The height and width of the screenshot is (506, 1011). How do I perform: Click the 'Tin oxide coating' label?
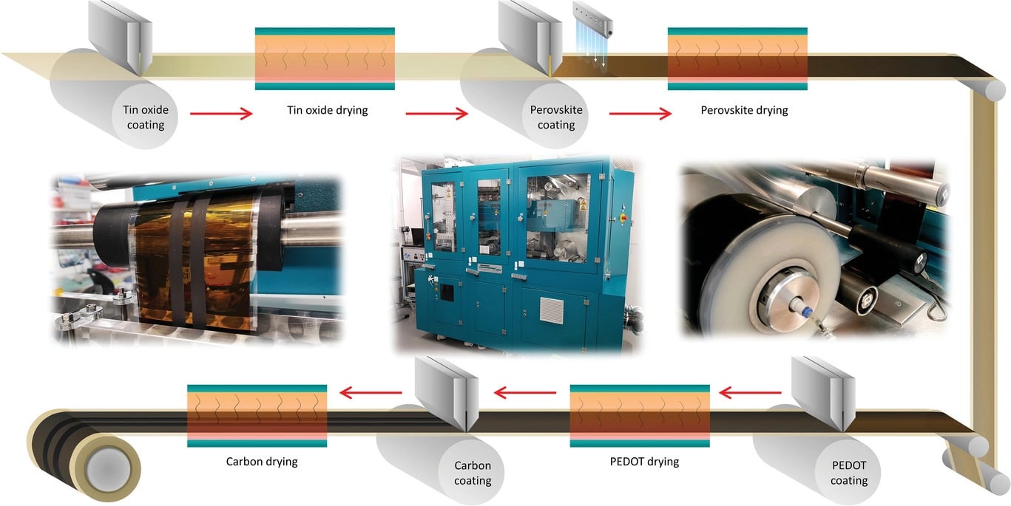146,117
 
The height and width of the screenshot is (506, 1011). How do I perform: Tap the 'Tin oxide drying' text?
327,110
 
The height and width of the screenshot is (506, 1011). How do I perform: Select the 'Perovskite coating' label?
556,117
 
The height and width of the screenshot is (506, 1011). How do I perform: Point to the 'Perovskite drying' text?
744,110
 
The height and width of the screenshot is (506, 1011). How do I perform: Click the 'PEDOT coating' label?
849,473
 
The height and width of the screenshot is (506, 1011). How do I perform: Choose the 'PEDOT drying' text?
644,462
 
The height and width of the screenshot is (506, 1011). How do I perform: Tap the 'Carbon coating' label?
473,473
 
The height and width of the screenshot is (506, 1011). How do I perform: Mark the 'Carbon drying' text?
262,462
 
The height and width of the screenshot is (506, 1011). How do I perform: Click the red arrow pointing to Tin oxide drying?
221,114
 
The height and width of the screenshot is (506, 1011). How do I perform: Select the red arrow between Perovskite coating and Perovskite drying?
640,114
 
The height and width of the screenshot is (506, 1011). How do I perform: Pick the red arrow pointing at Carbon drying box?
371,392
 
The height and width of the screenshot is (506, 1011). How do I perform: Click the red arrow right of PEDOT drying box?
750,393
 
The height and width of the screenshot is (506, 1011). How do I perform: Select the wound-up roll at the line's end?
84,456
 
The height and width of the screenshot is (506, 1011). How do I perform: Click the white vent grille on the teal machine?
552,310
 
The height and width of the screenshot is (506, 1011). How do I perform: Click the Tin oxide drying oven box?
325,58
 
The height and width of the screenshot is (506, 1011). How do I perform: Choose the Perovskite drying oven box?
737,58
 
